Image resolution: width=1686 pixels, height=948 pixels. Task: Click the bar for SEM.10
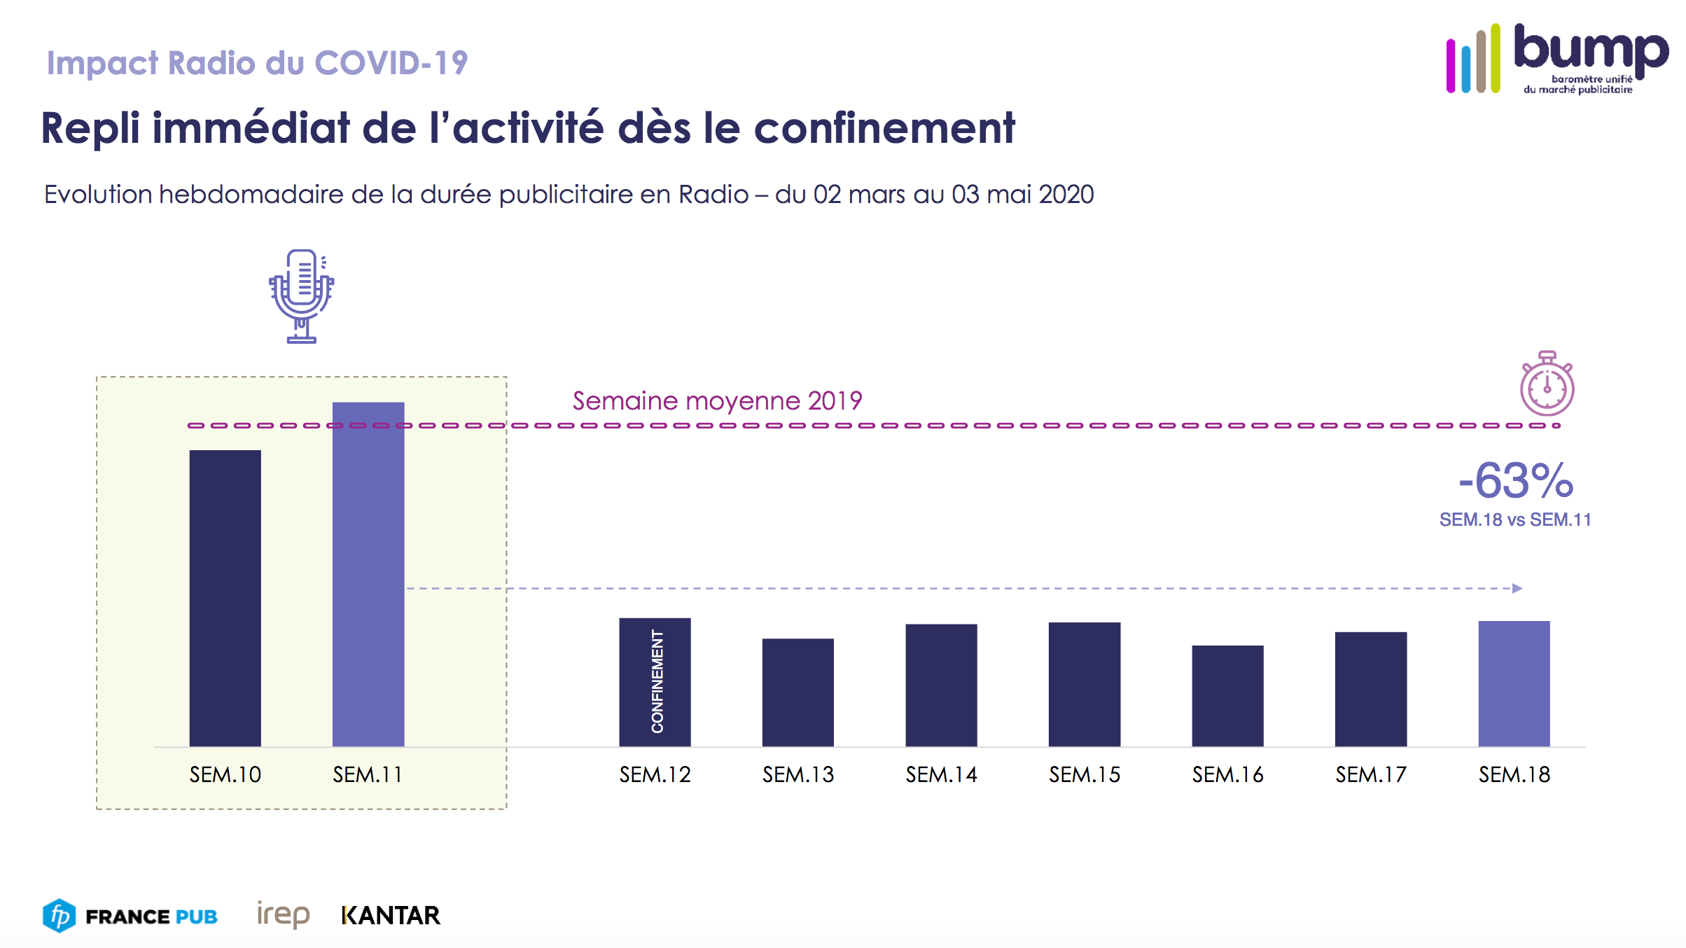[225, 598]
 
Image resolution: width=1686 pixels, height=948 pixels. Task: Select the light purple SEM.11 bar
[368, 574]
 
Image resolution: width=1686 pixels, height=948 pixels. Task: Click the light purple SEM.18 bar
[1514, 683]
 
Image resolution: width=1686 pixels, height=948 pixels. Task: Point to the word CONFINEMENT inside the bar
[657, 681]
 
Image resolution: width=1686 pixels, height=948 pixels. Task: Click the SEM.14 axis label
[941, 775]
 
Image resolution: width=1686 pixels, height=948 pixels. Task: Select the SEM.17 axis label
[1370, 775]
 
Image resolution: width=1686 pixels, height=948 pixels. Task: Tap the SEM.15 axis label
[1084, 775]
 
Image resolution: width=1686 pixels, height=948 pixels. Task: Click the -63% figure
[1516, 481]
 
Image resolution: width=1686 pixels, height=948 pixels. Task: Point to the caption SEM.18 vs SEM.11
[1515, 520]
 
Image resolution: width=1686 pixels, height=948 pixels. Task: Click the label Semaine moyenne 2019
[717, 401]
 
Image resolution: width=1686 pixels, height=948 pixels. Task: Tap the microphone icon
[302, 296]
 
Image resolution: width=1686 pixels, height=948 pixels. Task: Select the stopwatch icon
[1547, 384]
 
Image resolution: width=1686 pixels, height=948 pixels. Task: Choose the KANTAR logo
[391, 916]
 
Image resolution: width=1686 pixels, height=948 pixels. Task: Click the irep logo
[283, 914]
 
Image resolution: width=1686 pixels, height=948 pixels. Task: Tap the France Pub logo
[130, 916]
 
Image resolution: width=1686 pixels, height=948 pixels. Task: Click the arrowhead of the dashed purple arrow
[1517, 588]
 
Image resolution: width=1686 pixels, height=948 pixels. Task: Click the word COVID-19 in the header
[391, 63]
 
